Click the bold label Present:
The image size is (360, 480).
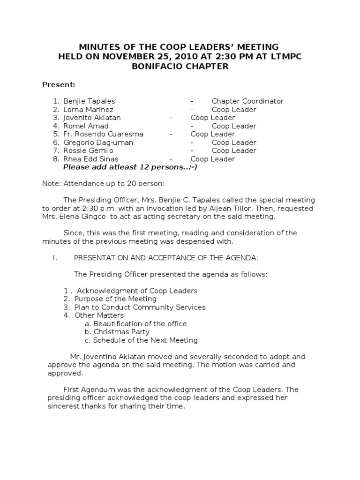point(59,85)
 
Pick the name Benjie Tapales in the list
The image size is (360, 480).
point(89,101)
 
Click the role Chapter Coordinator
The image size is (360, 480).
point(247,101)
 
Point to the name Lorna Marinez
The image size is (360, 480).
point(88,110)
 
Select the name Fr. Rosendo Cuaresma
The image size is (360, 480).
point(103,134)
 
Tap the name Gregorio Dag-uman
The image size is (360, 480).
point(98,142)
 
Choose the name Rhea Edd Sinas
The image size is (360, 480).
point(90,159)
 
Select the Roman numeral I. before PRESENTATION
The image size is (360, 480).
point(54,258)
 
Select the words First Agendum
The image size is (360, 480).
point(84,390)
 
